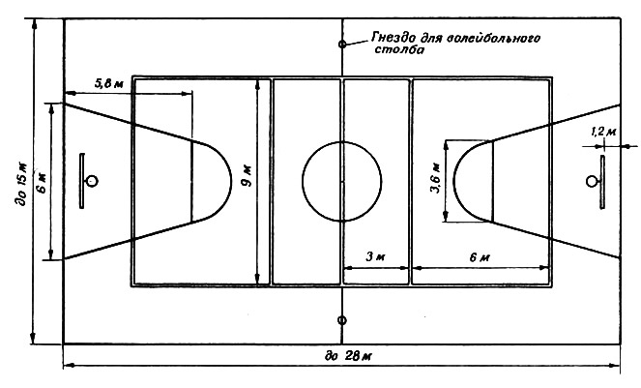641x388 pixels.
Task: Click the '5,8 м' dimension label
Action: [x=108, y=84]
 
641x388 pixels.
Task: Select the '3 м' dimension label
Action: [x=375, y=257]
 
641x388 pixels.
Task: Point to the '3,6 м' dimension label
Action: [x=436, y=178]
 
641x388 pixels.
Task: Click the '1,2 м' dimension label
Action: [x=603, y=132]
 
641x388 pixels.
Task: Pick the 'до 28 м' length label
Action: [x=348, y=356]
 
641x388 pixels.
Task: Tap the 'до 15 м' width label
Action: [x=23, y=184]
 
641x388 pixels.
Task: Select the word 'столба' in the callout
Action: [x=399, y=49]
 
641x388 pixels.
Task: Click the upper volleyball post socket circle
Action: [x=342, y=44]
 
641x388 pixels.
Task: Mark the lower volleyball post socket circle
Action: [x=342, y=320]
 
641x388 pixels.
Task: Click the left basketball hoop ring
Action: [x=93, y=181]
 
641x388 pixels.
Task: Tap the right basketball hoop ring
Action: [x=591, y=181]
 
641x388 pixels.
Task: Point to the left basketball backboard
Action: [x=82, y=181]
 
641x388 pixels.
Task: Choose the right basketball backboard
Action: [x=602, y=182]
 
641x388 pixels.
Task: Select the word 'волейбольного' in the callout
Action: [x=493, y=38]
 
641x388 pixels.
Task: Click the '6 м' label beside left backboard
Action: [x=43, y=182]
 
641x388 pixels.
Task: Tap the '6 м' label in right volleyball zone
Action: [x=480, y=257]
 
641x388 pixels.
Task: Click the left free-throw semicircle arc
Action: [x=231, y=181]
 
